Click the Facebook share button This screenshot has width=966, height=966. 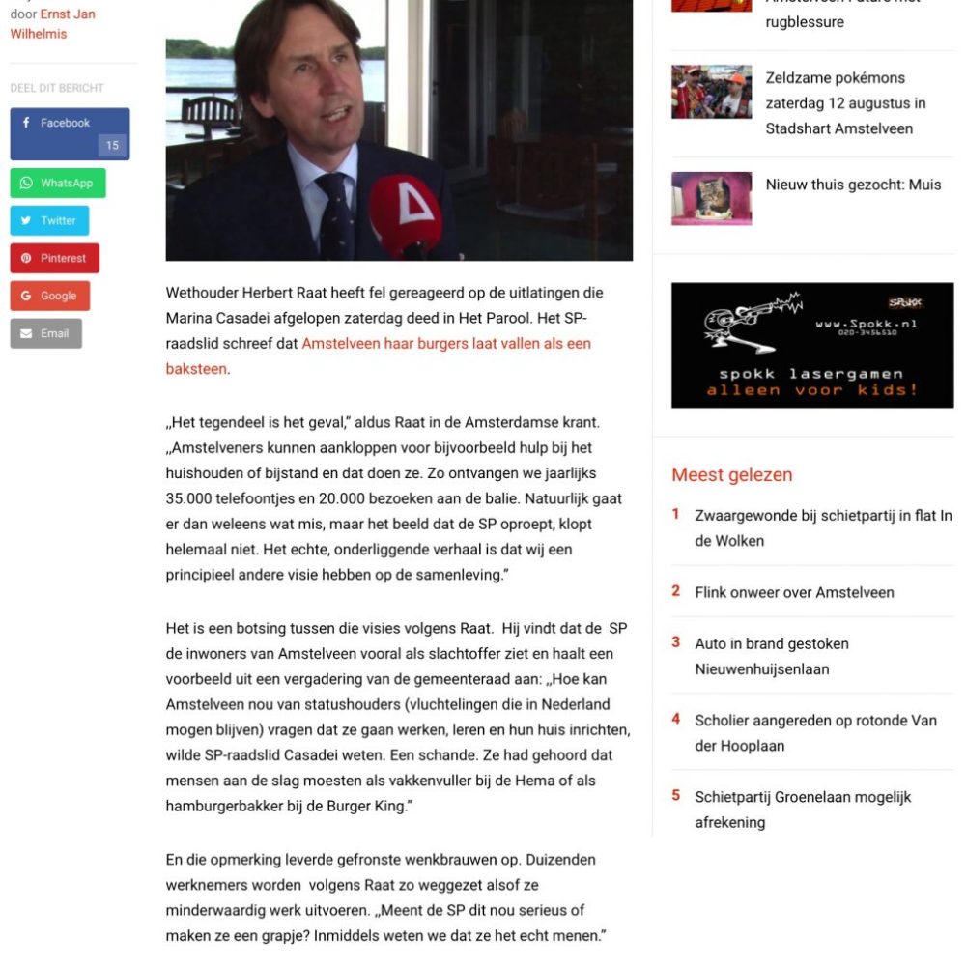coord(64,124)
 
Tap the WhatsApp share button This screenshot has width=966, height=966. coord(58,183)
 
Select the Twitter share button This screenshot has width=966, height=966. coord(49,220)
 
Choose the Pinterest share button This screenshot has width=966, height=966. coord(54,258)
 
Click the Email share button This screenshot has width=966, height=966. coord(45,333)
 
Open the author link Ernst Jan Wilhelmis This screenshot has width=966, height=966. coord(53,24)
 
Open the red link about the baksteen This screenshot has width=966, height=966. coord(445,344)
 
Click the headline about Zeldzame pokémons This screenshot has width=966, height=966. coord(845,103)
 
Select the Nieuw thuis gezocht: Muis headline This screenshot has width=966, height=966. coord(853,185)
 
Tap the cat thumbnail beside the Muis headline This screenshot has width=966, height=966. coord(711,198)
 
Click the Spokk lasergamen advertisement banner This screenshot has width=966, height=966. coord(811,345)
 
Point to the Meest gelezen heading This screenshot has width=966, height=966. coord(731,474)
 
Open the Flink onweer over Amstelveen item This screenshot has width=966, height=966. coord(794,592)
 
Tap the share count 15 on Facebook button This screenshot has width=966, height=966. coord(112,146)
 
